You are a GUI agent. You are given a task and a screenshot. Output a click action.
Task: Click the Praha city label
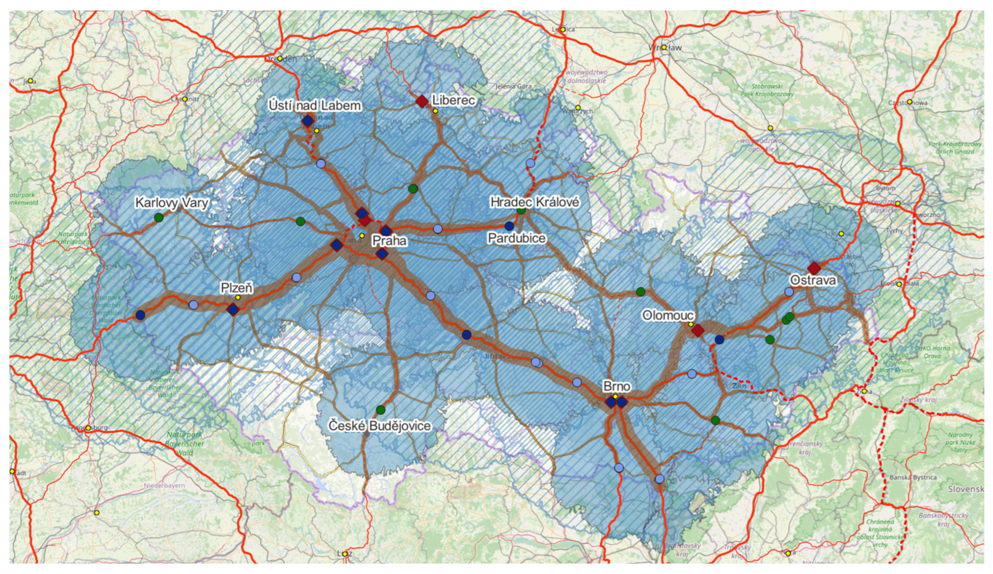389,241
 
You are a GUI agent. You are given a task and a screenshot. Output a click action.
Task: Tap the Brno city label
617,386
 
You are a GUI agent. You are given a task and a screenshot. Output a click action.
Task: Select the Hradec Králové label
535,202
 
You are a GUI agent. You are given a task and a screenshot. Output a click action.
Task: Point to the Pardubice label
516,238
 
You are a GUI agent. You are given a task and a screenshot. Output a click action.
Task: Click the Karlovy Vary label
172,203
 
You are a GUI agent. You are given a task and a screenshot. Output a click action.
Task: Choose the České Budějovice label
380,426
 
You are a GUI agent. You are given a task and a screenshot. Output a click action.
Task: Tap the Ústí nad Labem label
315,106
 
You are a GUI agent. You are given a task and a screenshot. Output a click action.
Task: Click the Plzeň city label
237,288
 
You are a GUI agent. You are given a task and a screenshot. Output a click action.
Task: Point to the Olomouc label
668,315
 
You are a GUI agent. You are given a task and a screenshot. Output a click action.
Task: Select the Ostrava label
812,280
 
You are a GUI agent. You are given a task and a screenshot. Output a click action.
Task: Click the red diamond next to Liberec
422,101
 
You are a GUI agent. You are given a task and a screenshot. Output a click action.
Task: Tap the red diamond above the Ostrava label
814,268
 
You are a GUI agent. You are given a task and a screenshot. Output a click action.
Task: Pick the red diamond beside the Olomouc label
698,330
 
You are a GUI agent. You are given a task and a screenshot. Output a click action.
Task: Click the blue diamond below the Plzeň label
233,309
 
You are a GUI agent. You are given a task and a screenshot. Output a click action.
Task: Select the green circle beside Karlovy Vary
159,217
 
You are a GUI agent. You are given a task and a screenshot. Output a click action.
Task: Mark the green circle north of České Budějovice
380,410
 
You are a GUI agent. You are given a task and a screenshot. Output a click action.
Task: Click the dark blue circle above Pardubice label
509,226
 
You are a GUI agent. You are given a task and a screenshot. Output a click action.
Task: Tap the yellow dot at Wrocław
664,47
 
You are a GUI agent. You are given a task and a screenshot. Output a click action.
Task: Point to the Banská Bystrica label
912,477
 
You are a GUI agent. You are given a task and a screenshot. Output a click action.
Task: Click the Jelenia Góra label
513,86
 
